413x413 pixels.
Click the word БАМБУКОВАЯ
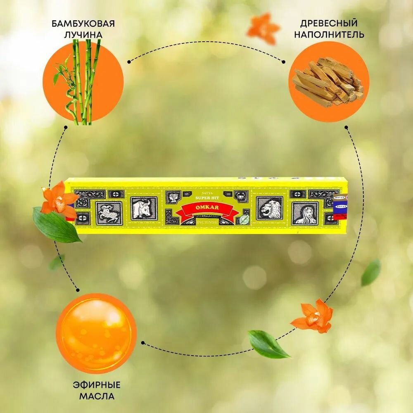[83, 23]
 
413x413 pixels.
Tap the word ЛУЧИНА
[83, 34]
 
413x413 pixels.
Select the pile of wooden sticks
[329, 81]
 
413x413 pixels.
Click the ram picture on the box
[109, 213]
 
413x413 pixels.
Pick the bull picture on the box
[144, 208]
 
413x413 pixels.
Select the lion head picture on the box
[269, 208]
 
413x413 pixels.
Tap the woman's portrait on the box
[305, 213]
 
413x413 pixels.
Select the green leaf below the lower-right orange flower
[268, 344]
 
